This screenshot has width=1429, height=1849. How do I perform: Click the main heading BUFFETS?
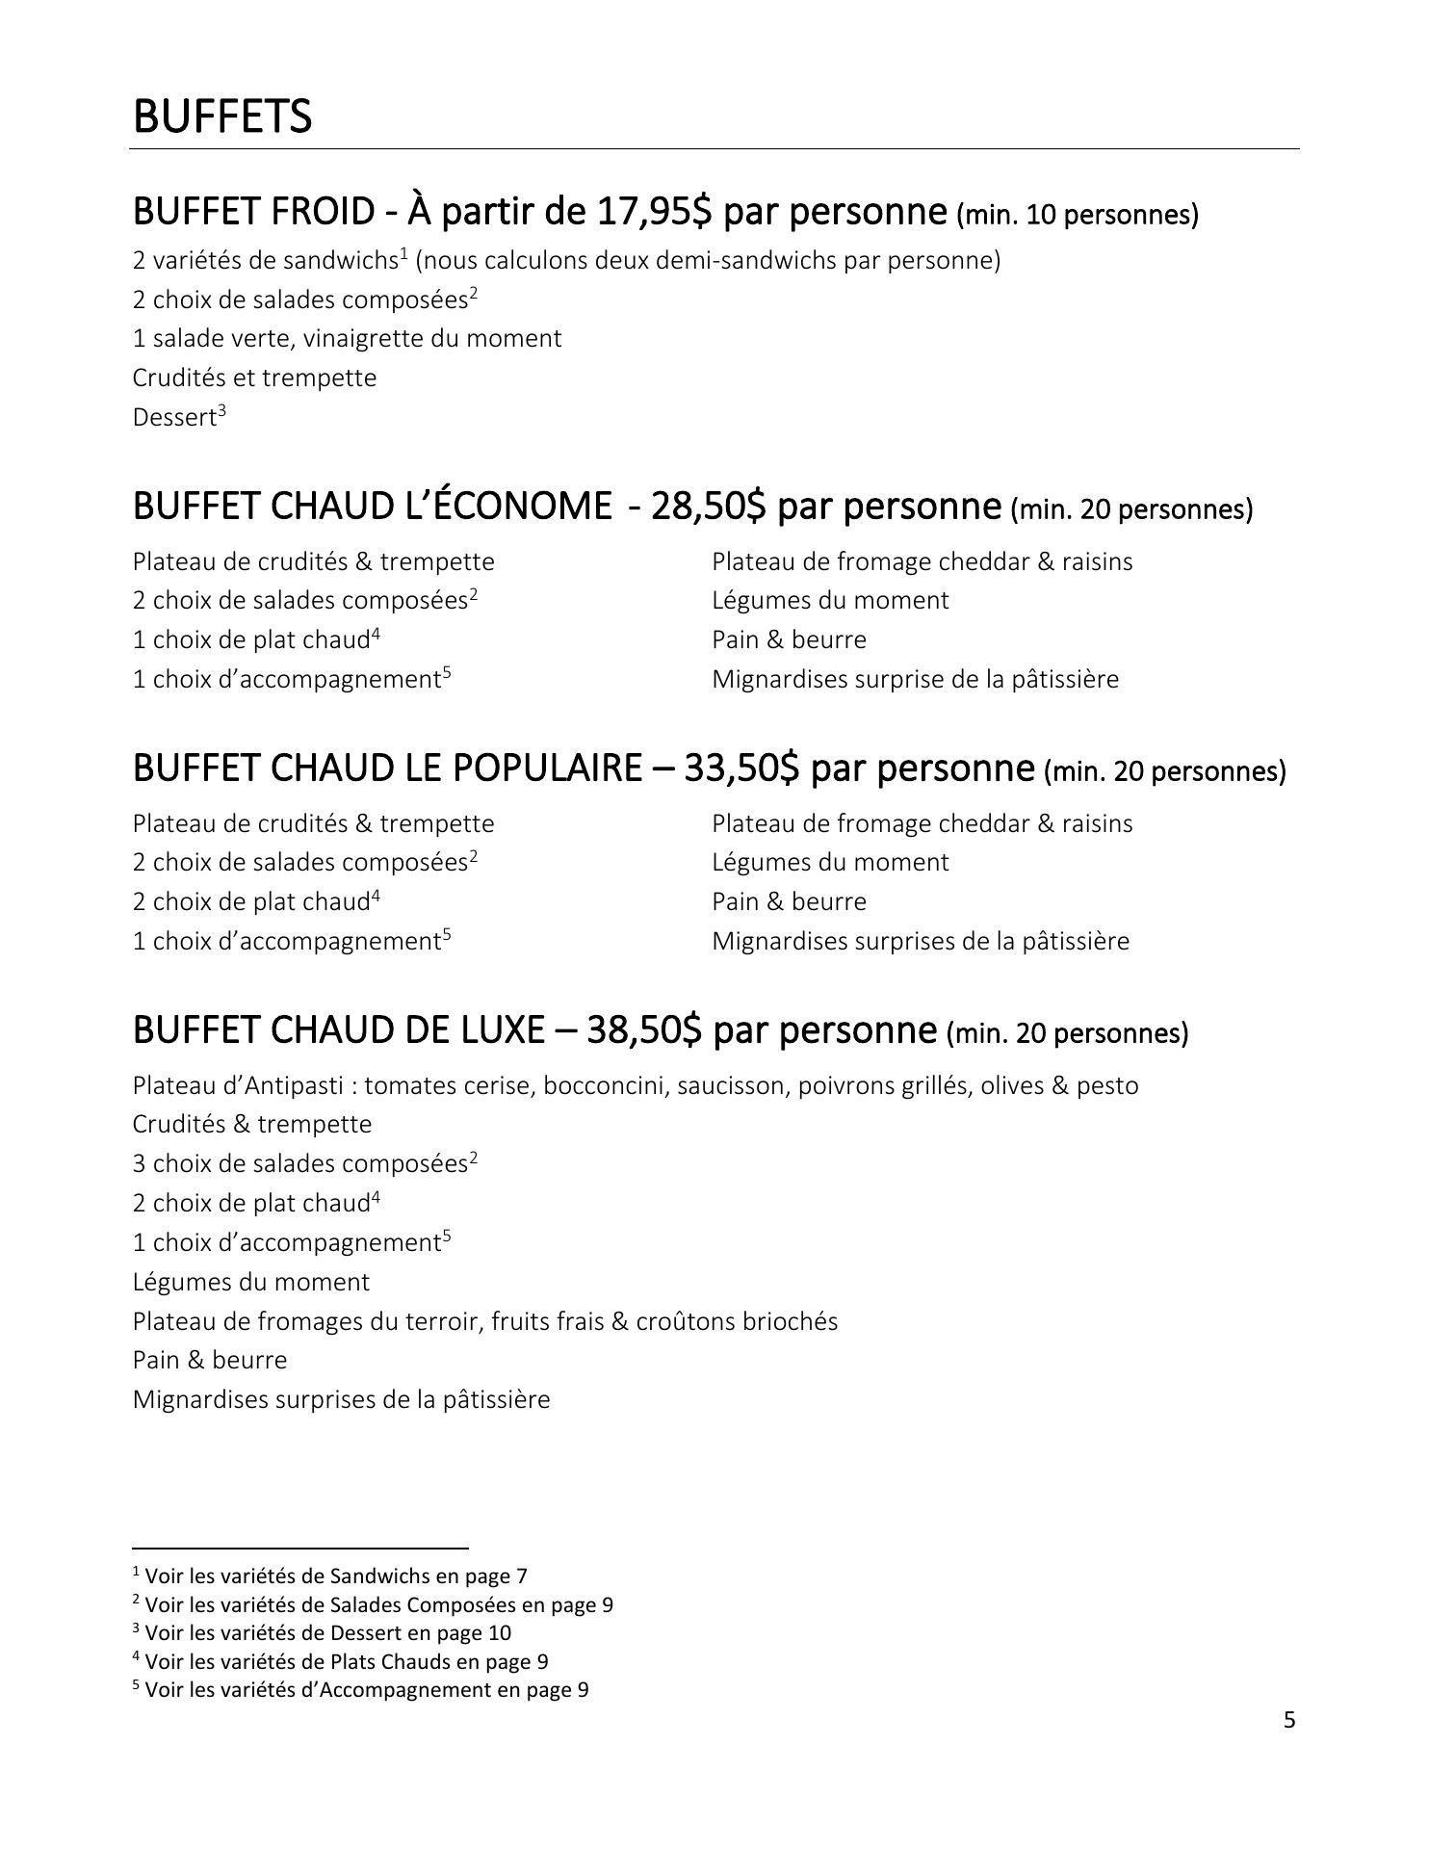point(222,117)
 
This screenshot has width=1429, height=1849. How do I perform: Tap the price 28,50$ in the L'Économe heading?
point(709,506)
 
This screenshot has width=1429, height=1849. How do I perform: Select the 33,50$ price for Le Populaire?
point(741,768)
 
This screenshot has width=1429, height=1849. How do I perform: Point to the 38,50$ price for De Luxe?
point(644,1029)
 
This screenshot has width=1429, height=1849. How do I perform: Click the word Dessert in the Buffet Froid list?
point(174,418)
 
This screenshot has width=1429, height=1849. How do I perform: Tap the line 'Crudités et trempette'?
point(254,378)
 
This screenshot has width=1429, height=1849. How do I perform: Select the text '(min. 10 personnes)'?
point(1078,215)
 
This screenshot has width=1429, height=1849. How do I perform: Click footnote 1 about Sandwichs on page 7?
point(330,1576)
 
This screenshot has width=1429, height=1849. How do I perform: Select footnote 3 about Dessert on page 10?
point(323,1633)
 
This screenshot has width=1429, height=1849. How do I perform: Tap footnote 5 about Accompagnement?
point(361,1690)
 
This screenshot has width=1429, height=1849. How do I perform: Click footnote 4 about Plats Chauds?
point(341,1661)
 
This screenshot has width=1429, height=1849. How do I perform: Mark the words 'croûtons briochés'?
point(737,1321)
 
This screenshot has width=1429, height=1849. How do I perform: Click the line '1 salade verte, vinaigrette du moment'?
point(347,339)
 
